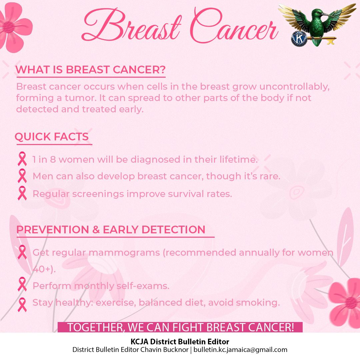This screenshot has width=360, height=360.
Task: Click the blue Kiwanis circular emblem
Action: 298,38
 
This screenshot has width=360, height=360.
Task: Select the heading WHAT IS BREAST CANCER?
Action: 91,70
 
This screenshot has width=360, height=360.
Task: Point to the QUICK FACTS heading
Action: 52,137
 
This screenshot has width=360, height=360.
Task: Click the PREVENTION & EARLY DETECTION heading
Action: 111,229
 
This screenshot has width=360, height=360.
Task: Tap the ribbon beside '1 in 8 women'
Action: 22,159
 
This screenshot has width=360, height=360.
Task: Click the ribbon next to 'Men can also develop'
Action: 22,176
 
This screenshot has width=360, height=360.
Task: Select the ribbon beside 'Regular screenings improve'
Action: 22,194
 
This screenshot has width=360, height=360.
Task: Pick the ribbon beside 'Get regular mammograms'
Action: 22,253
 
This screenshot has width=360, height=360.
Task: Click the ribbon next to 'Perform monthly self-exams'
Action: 22,286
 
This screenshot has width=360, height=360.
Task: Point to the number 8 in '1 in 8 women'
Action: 53,159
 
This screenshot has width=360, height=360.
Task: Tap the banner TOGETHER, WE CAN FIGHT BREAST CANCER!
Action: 180,327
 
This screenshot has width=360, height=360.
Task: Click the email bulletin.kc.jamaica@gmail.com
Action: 240,350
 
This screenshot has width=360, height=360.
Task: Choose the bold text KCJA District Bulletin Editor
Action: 180,342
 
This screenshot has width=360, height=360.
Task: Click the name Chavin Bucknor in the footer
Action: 167,350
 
